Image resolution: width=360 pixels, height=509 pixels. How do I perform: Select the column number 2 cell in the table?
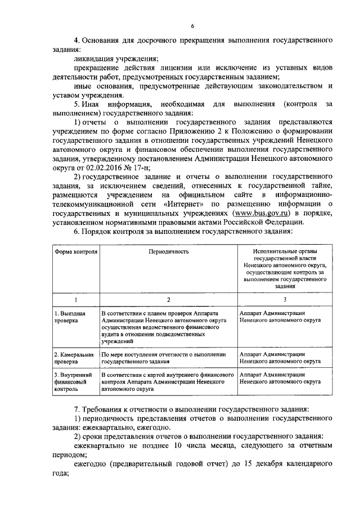[168, 300]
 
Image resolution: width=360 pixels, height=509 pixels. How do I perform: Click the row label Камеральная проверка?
[73, 358]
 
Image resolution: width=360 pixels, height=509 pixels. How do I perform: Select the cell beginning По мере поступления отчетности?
[163, 358]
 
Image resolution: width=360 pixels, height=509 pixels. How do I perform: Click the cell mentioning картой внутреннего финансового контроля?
[167, 381]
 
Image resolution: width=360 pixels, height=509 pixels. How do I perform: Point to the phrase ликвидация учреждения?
[116, 58]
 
